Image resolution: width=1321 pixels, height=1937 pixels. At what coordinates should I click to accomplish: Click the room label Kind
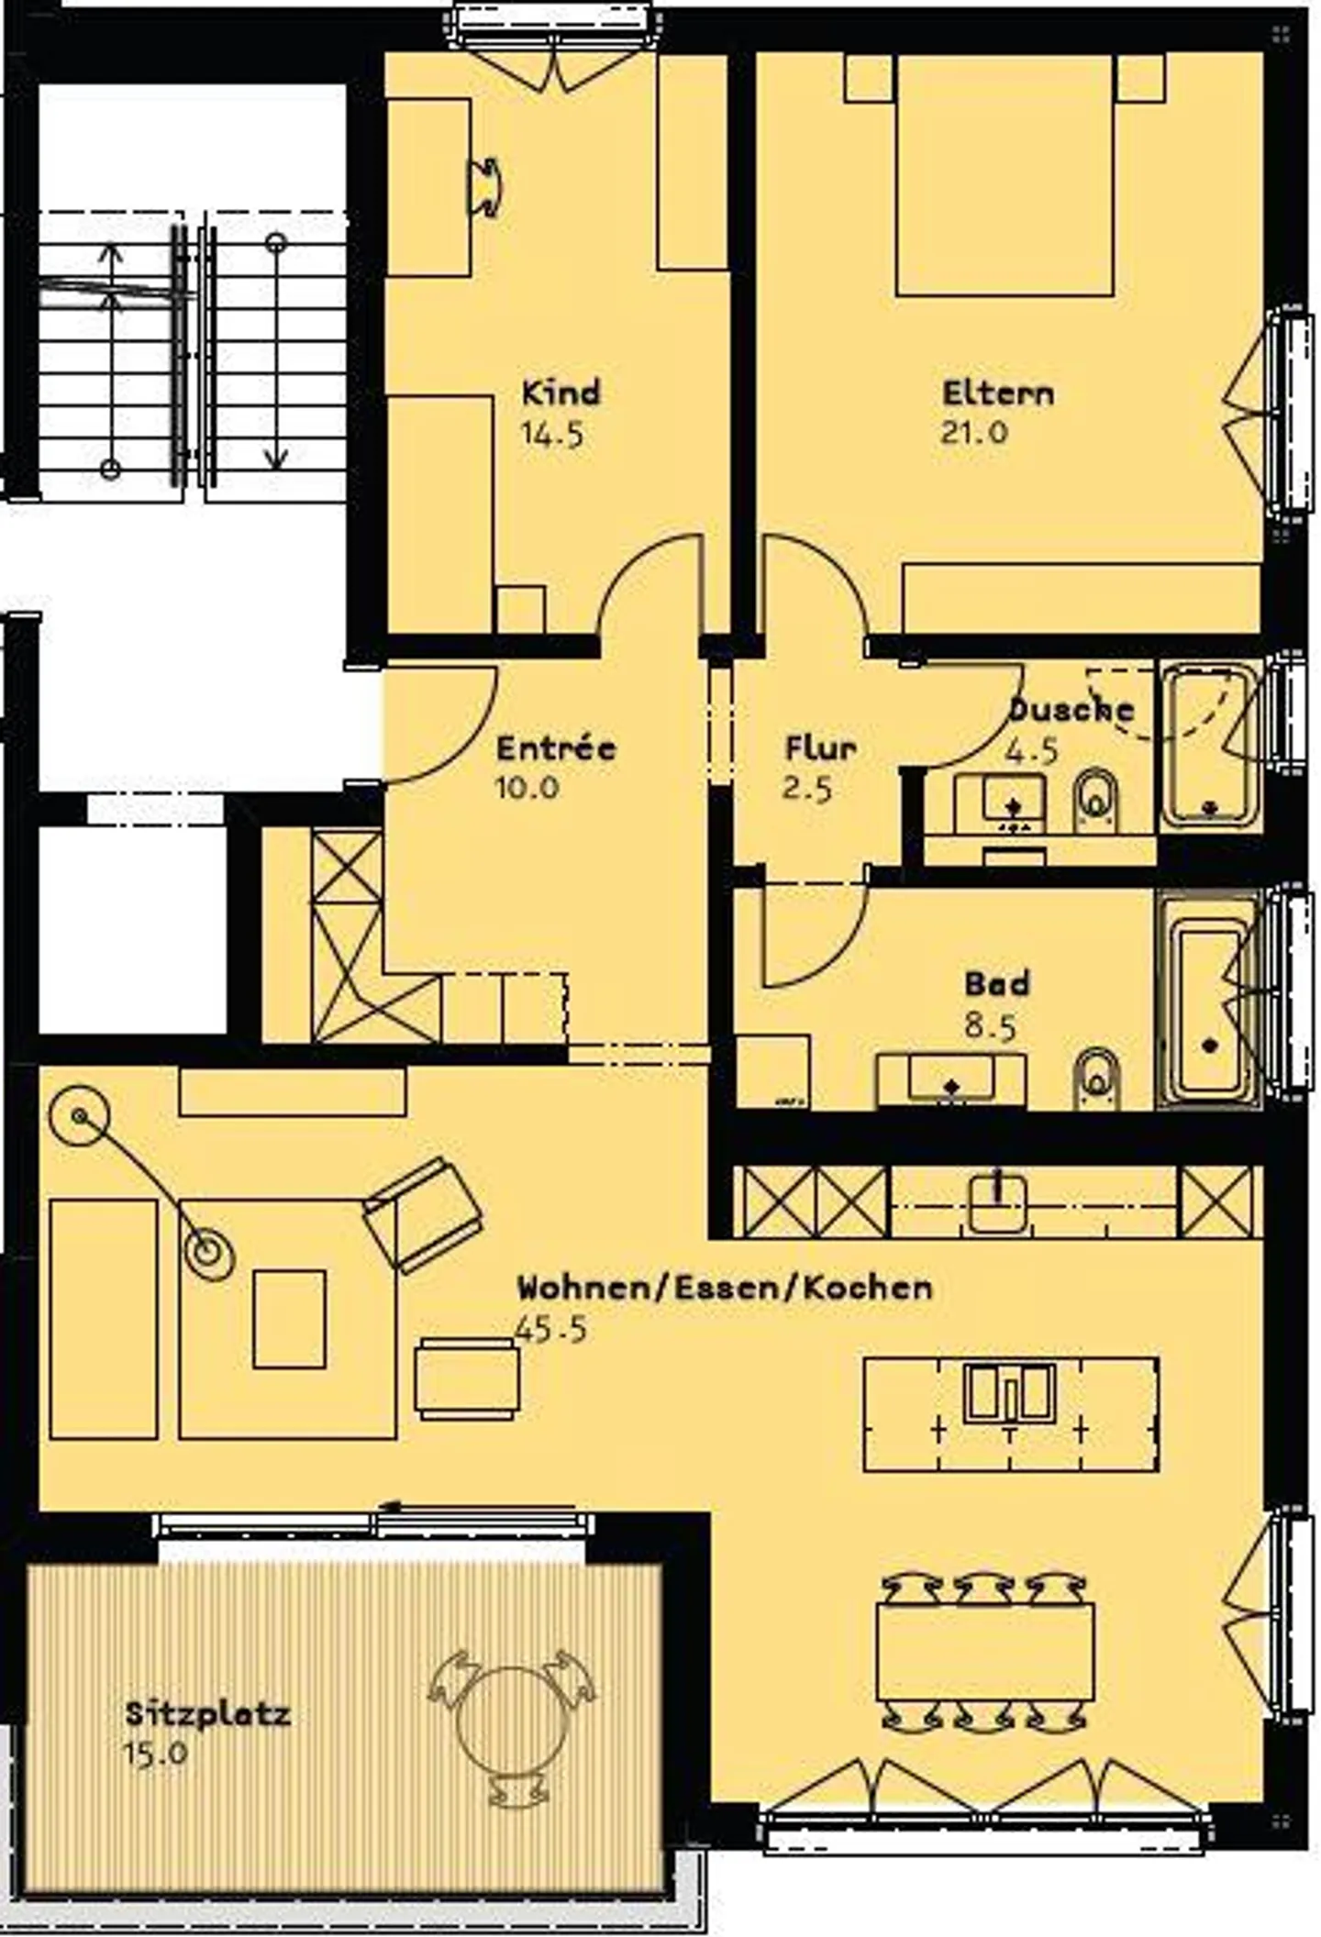[561, 393]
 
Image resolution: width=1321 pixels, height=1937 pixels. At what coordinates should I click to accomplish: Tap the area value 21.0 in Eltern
[973, 432]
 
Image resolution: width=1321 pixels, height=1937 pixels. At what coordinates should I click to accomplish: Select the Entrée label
[556, 747]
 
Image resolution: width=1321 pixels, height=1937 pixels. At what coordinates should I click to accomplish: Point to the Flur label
[820, 747]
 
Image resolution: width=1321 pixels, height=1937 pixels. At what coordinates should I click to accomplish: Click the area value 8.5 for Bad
[990, 1026]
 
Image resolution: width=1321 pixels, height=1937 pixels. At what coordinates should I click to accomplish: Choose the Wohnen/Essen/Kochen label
[725, 1287]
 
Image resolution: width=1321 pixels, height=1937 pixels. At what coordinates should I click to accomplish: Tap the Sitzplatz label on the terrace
[207, 1713]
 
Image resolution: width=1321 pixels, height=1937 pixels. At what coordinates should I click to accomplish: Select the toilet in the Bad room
[1095, 1078]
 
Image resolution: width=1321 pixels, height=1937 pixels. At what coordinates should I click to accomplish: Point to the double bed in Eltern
[1005, 174]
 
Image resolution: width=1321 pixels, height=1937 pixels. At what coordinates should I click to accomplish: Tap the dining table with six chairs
[985, 1652]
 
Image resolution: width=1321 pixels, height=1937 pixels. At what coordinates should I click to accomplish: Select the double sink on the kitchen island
[1009, 1393]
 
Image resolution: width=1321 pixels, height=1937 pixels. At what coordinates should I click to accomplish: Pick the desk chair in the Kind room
[485, 188]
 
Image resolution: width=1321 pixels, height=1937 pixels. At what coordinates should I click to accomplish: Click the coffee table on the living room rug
[289, 1319]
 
